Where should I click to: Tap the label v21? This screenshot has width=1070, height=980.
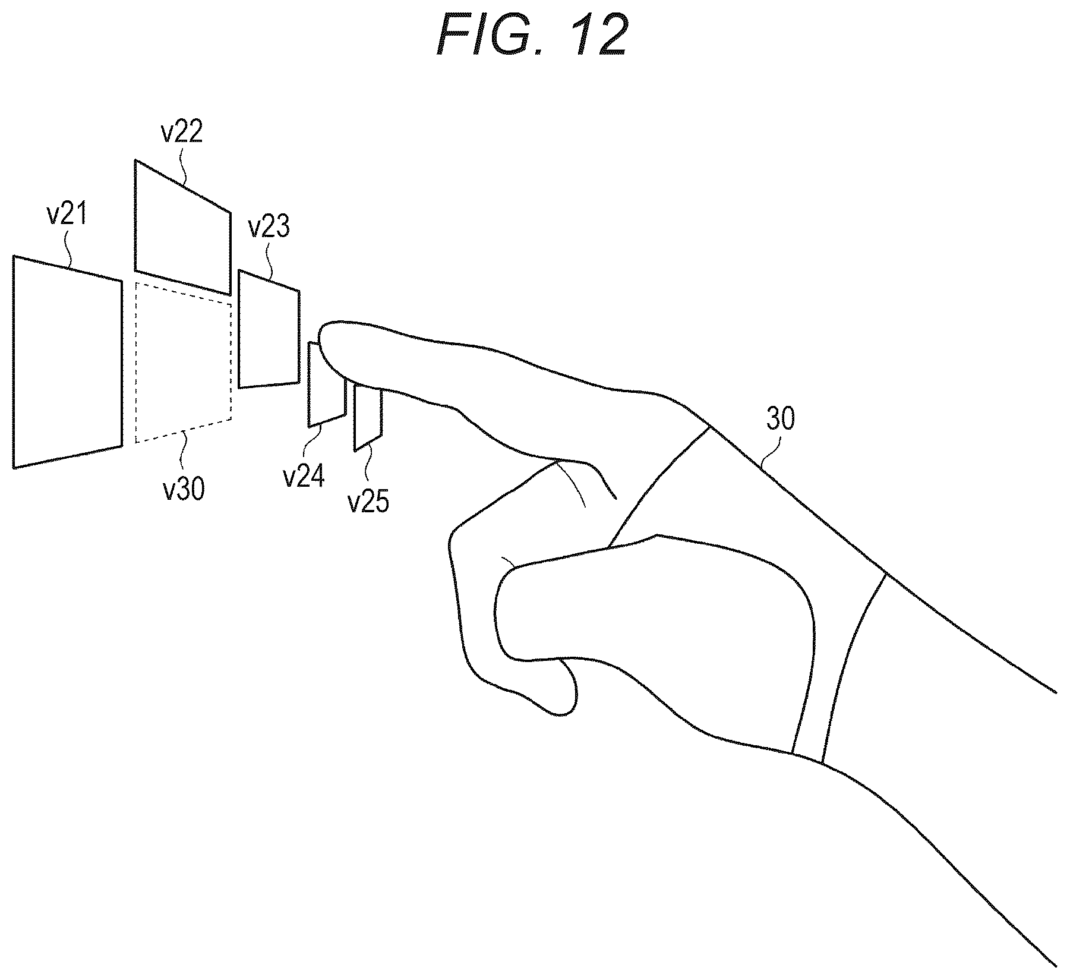[67, 215]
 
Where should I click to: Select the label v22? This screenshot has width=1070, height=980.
[182, 132]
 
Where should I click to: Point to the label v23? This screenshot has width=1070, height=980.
[269, 226]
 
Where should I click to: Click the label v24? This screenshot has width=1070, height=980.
[304, 477]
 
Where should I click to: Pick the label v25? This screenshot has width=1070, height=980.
[368, 502]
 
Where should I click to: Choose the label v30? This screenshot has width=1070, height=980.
[184, 490]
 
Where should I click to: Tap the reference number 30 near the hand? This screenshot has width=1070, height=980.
[780, 420]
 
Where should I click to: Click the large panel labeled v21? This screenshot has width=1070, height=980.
[67, 362]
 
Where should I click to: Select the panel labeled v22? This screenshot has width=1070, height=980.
[182, 227]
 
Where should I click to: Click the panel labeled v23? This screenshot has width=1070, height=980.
[269, 329]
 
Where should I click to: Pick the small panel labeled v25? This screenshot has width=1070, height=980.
[368, 418]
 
